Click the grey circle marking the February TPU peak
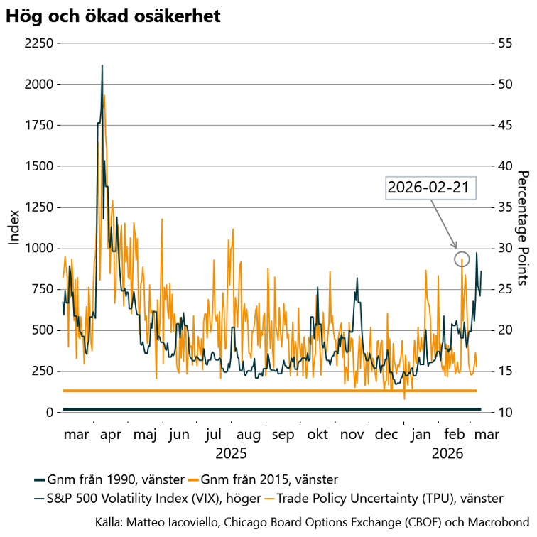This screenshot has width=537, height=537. (x=462, y=259)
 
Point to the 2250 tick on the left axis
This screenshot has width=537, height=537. (x=39, y=43)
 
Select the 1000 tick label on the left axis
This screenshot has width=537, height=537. (x=39, y=249)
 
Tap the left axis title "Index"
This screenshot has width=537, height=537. (x=13, y=227)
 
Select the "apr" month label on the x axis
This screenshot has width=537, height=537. (x=111, y=434)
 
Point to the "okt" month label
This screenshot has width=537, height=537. (x=317, y=434)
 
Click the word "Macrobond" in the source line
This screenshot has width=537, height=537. (x=500, y=521)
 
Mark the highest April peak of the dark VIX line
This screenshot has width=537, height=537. (x=102, y=65)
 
